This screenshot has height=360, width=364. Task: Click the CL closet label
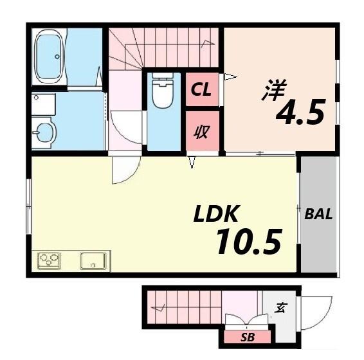click(202, 91)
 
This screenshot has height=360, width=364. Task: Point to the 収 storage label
click(202, 133)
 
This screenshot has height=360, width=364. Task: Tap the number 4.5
click(300, 114)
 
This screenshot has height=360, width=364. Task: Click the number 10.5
click(248, 242)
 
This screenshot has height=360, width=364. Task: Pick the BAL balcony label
click(318, 215)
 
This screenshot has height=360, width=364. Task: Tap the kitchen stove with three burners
click(49, 260)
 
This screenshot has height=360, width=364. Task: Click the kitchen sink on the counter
click(94, 260)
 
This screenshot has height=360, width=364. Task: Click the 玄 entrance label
click(280, 308)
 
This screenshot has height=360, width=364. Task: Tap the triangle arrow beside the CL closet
click(230, 78)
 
